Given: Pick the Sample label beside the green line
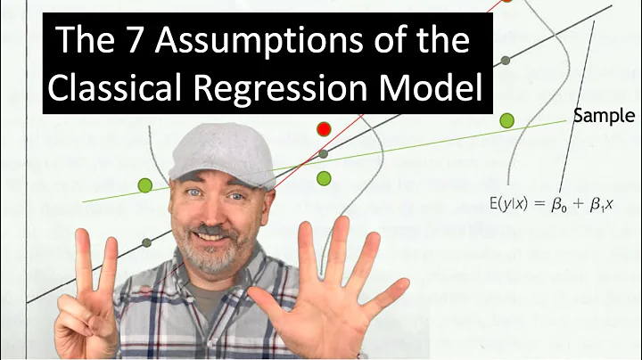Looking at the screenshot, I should pos(604,116).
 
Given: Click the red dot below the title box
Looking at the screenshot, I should pos(324,129).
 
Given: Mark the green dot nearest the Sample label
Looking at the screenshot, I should pos(507,120).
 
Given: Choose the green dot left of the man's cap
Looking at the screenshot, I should pos(145,185).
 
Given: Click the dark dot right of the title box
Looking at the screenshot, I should pos(506,60).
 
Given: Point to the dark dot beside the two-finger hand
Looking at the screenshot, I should pos(145,242).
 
